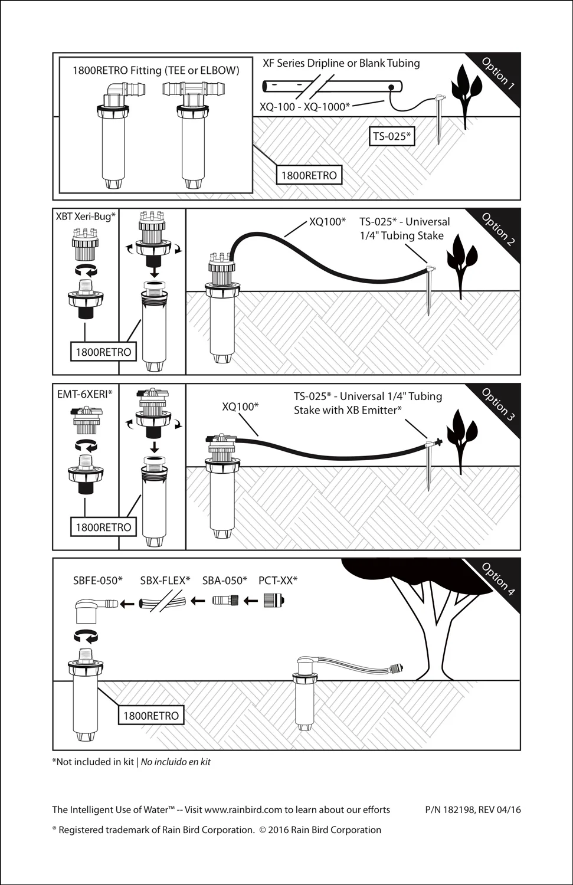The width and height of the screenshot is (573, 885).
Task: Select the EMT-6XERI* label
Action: click(84, 394)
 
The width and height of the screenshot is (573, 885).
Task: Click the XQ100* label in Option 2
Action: click(328, 222)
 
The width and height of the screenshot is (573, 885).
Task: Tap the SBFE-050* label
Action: click(98, 581)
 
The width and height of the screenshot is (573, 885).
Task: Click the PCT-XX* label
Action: click(278, 581)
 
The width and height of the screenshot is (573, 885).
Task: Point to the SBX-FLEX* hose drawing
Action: click(162, 602)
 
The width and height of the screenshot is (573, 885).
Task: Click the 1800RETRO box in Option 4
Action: click(150, 716)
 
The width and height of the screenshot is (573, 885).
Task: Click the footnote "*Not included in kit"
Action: click(93, 762)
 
